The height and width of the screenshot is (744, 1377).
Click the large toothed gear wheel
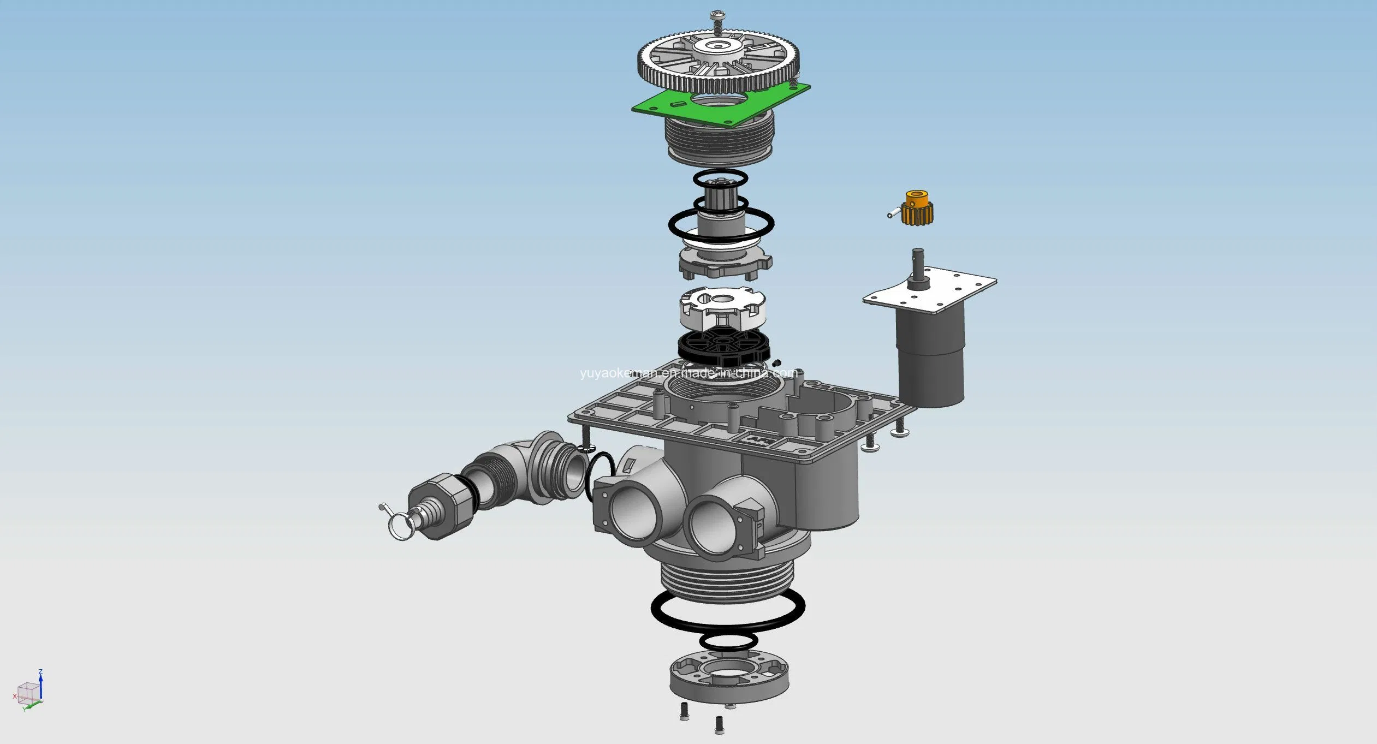click(x=718, y=63)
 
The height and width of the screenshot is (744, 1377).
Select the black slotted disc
click(x=723, y=346)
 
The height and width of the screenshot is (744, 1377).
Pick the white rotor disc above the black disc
click(x=722, y=308)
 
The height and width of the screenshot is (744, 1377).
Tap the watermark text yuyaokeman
click(x=688, y=373)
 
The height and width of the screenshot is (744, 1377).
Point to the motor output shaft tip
click(x=918, y=253)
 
